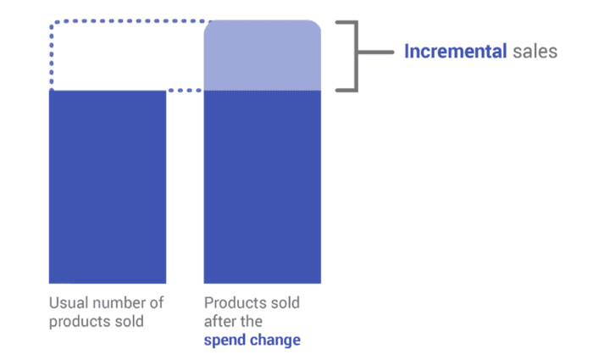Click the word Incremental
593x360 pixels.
pyautogui.click(x=456, y=52)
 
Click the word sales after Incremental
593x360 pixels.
pyautogui.click(x=535, y=52)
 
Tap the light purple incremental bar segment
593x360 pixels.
pyautogui.click(x=263, y=56)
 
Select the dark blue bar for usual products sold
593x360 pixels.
pyautogui.click(x=108, y=186)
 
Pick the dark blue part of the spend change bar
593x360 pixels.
pyautogui.click(x=263, y=186)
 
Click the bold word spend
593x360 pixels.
pyautogui.click(x=224, y=341)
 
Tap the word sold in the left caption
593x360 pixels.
pyautogui.click(x=128, y=322)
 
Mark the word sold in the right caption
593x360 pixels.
pyautogui.click(x=284, y=302)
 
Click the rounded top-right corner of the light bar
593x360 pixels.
pyautogui.click(x=315, y=26)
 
